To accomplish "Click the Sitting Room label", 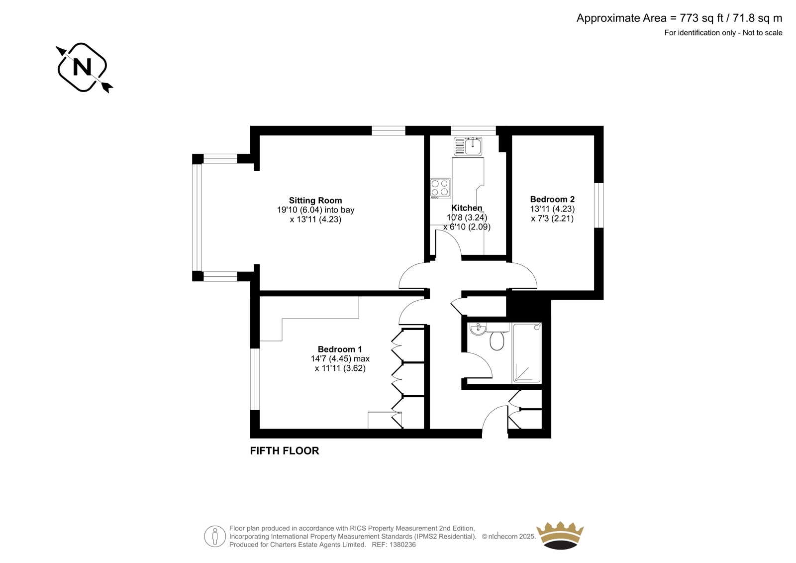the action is click(x=315, y=200).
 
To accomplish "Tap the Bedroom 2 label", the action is click(x=552, y=199).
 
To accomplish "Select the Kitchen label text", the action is click(x=467, y=208).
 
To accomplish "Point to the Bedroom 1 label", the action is click(x=340, y=349).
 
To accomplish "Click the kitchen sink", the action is click(x=468, y=146).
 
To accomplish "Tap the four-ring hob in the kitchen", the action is click(x=440, y=188).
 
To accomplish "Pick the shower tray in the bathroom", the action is click(x=527, y=353).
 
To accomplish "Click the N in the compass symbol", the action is click(x=82, y=67).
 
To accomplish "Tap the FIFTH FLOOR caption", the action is click(x=284, y=450).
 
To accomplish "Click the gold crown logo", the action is click(x=560, y=535).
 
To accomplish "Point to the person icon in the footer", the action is click(x=215, y=536).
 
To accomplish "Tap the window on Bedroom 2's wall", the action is click(x=599, y=205).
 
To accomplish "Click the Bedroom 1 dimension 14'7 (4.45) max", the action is click(x=340, y=358).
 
